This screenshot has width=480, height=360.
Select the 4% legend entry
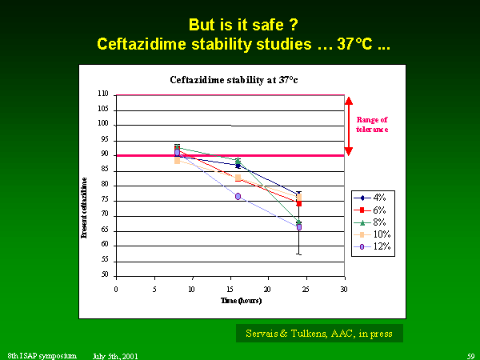point(374,197)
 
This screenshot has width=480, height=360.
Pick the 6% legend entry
point(374,209)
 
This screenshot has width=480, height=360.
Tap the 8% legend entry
point(374,222)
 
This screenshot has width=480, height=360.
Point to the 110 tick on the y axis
point(103,94)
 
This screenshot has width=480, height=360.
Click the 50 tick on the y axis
point(105,275)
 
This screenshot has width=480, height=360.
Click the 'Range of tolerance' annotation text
point(373,124)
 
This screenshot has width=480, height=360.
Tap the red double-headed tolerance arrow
point(349,125)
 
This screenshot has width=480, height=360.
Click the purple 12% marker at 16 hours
point(238,196)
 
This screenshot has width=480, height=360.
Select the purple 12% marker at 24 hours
point(299,227)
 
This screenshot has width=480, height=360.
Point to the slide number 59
point(470,354)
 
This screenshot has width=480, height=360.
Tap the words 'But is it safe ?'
point(239,24)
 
